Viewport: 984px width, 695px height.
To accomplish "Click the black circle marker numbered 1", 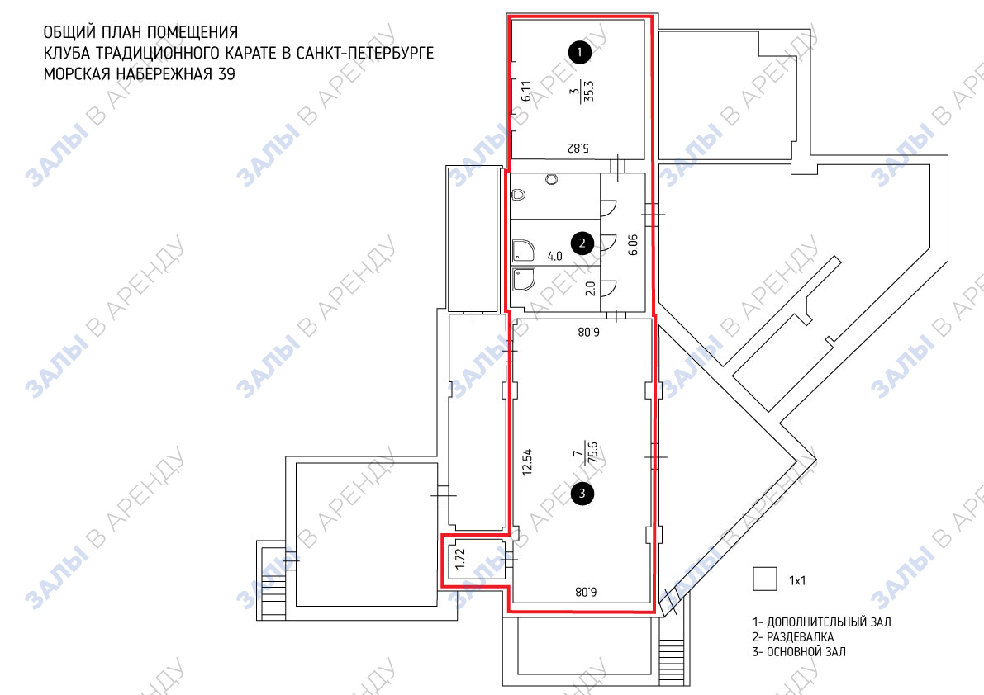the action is [x=579, y=52].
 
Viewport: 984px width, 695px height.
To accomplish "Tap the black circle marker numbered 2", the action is [x=582, y=243].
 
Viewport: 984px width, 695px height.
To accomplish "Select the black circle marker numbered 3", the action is [x=582, y=494].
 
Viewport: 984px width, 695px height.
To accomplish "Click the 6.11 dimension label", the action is [x=526, y=90].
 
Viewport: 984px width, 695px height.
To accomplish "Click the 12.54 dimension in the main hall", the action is [x=527, y=462].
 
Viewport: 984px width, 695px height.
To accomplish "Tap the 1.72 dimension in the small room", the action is [x=460, y=559].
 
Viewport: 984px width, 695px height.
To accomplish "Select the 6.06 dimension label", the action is [x=633, y=245].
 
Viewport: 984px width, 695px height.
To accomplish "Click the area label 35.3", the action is [x=588, y=90].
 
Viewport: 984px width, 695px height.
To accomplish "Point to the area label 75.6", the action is [x=592, y=452].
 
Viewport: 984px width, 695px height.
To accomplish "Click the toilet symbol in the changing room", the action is [x=518, y=195].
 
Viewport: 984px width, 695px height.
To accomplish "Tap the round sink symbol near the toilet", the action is [x=552, y=180].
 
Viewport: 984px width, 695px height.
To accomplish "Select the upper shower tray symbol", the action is [x=524, y=251].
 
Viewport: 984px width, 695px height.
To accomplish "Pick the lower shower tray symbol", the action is [x=524, y=280].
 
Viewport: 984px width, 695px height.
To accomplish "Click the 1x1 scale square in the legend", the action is [x=764, y=579].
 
